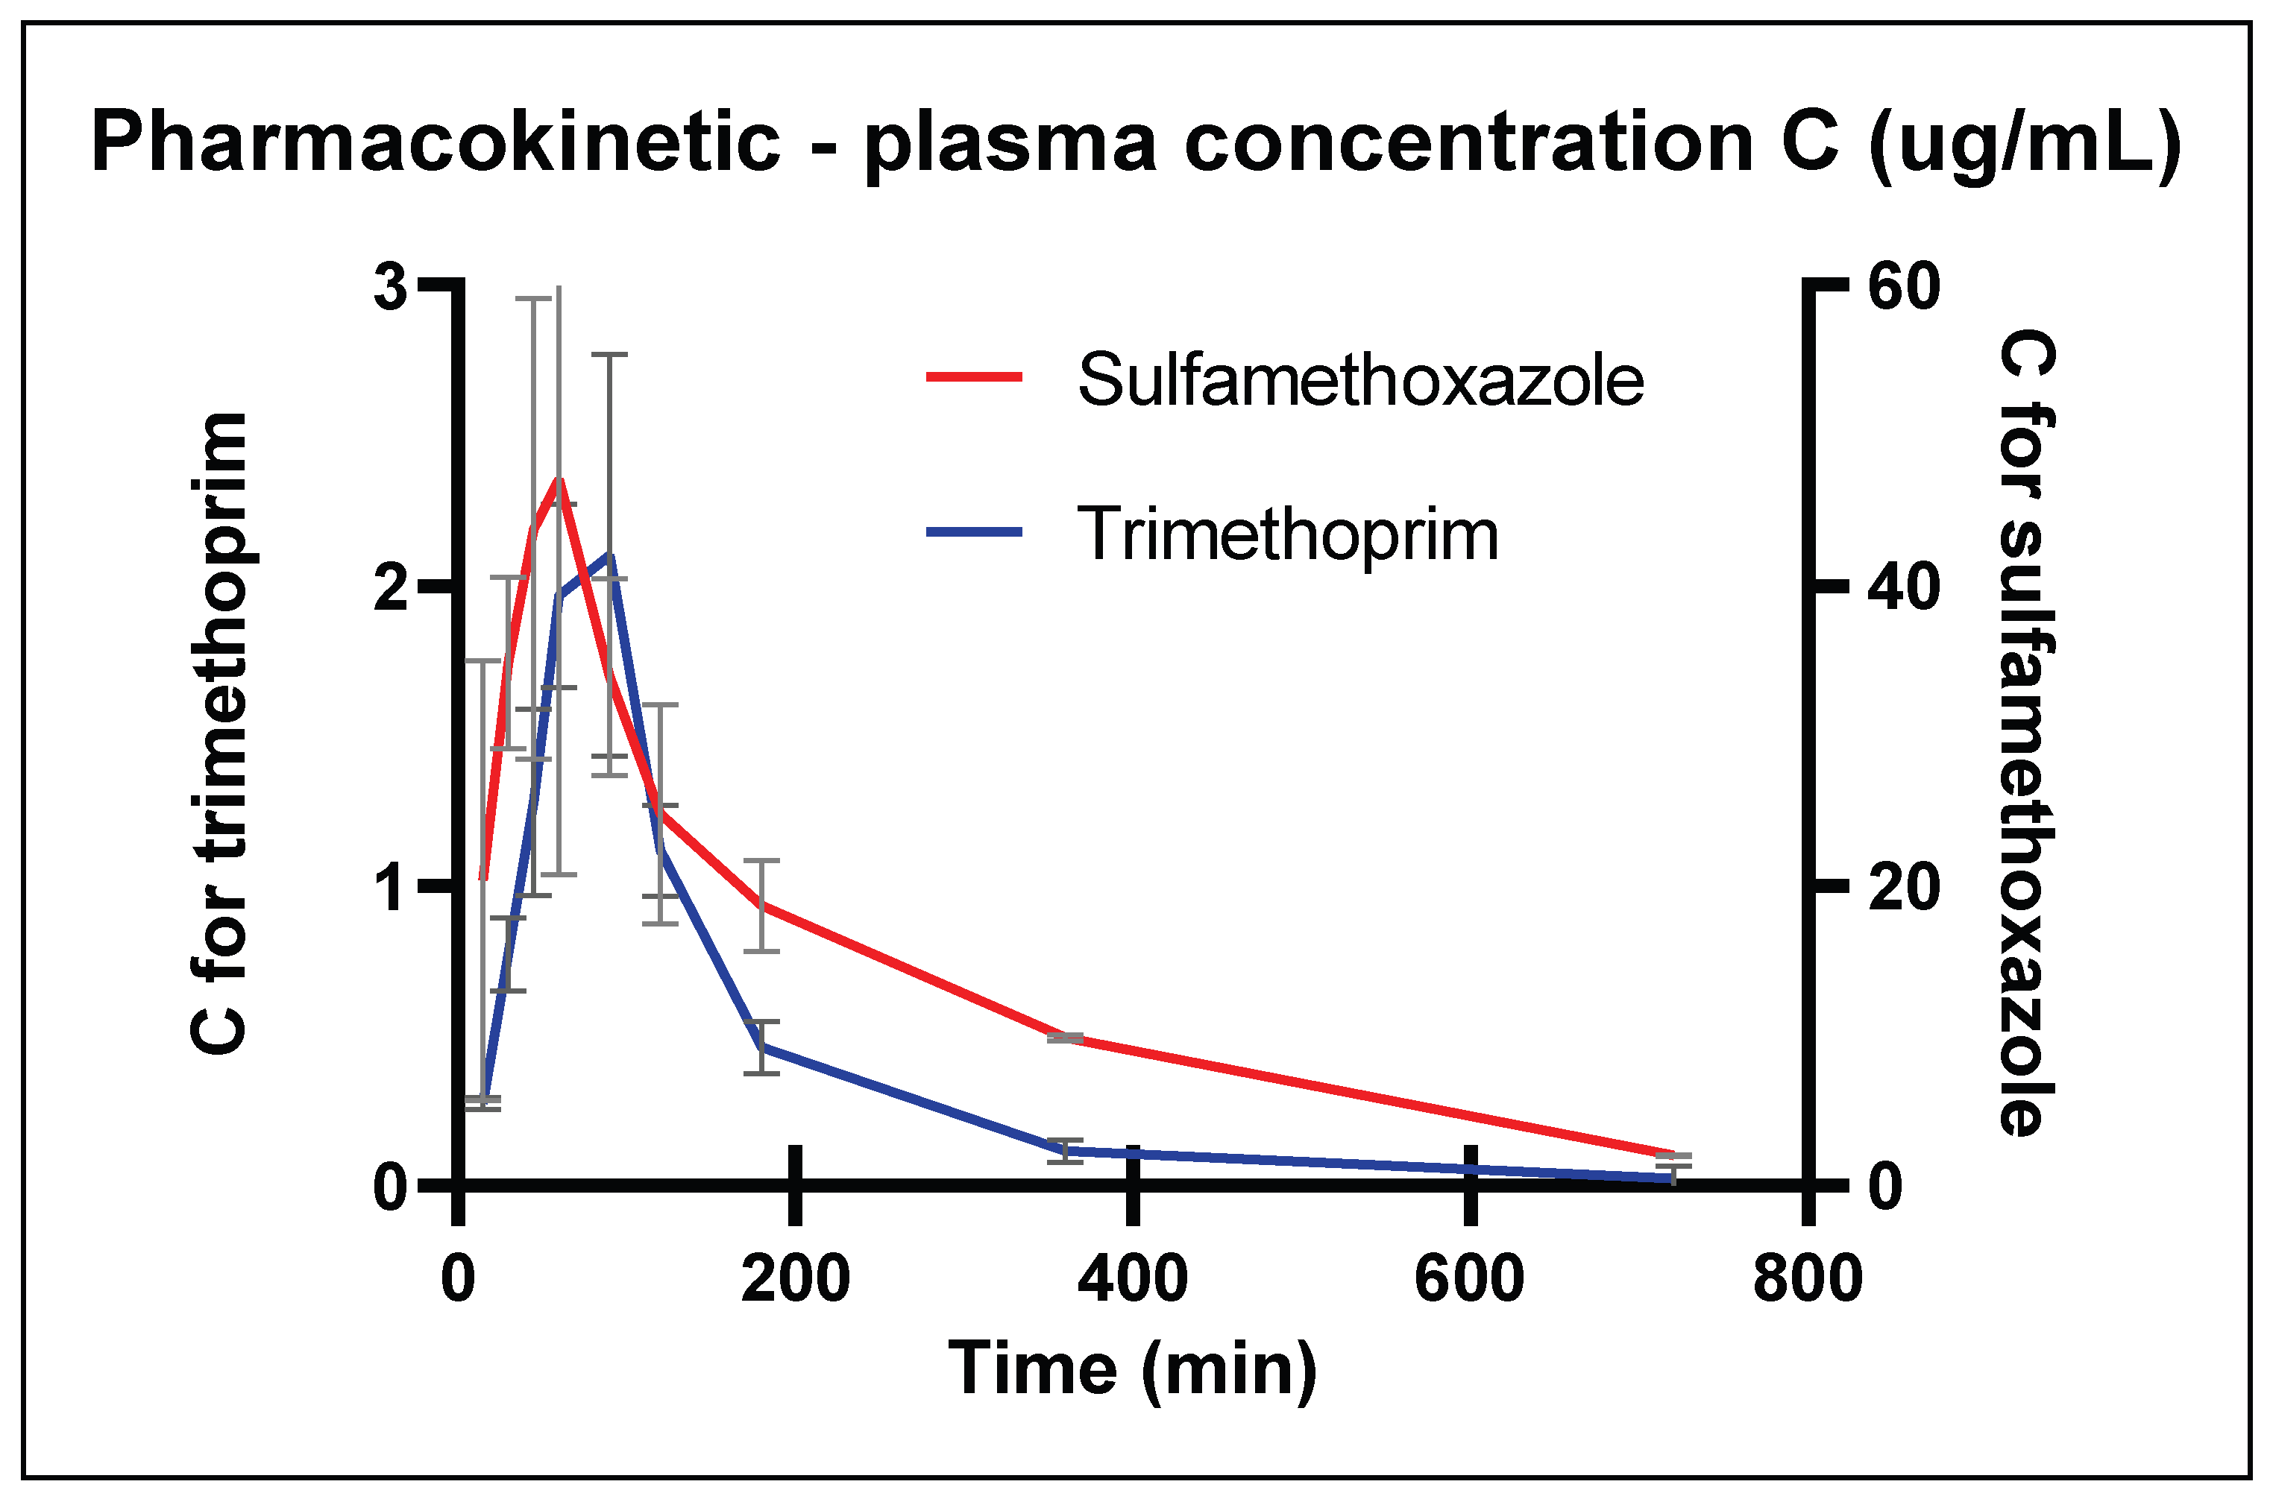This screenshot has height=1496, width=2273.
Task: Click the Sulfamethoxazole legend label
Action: [x=1360, y=380]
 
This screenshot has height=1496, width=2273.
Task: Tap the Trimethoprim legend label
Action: [x=1287, y=534]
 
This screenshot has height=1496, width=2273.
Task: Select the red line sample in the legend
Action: [x=974, y=377]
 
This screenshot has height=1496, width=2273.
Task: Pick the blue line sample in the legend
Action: [x=974, y=531]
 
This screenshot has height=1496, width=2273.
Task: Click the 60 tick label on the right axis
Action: [x=1903, y=285]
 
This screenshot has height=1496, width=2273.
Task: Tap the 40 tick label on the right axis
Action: [x=1903, y=588]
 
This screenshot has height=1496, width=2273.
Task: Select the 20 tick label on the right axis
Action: [x=1903, y=888]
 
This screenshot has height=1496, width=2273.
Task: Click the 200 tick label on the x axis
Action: [x=795, y=1279]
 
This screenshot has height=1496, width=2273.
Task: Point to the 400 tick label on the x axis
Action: [x=1132, y=1279]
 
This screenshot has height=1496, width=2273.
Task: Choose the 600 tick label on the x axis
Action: [x=1469, y=1279]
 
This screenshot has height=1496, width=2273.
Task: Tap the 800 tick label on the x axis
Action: [x=1807, y=1279]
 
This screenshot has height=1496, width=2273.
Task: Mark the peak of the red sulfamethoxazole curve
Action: [x=559, y=479]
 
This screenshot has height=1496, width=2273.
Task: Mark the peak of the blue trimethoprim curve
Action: [x=609, y=555]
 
